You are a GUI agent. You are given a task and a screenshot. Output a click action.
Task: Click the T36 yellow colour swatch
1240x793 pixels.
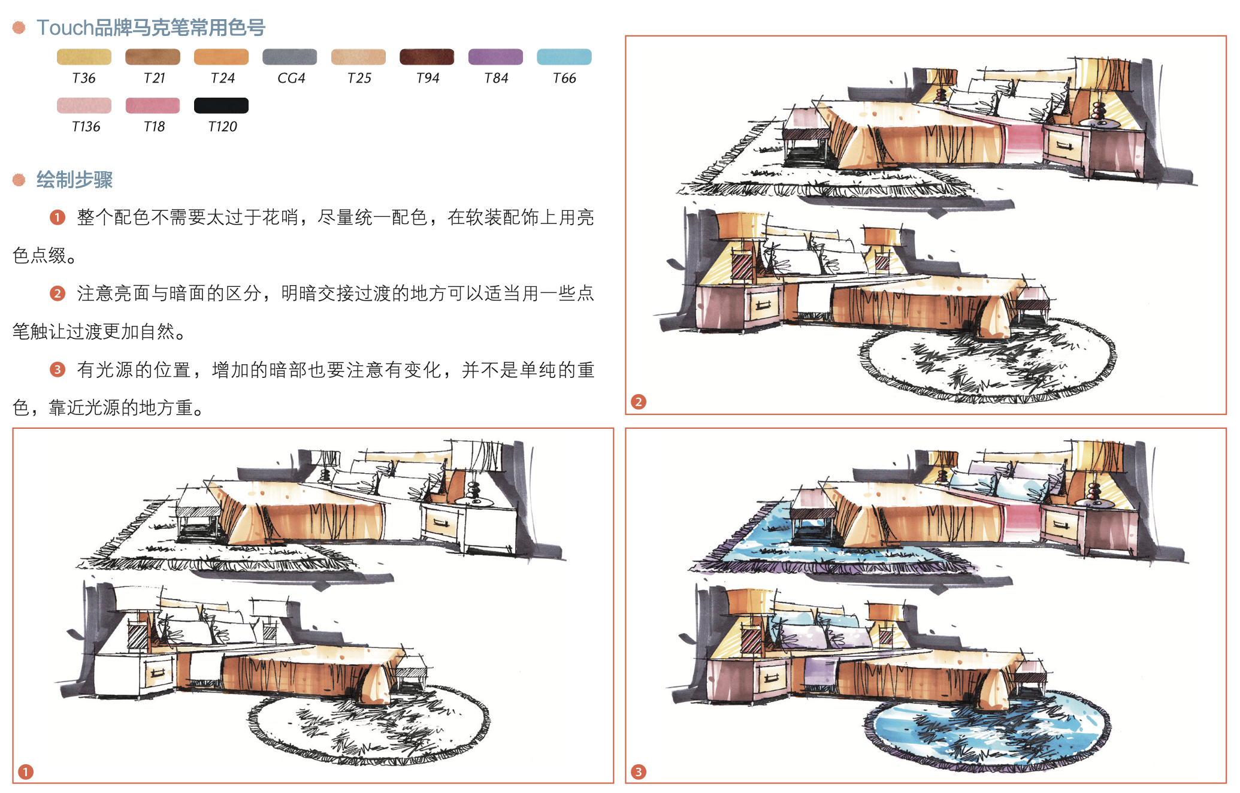click(84, 57)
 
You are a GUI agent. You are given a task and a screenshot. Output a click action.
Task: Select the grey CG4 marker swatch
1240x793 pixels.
click(289, 57)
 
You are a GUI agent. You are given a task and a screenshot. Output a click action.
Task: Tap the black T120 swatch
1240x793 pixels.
click(221, 105)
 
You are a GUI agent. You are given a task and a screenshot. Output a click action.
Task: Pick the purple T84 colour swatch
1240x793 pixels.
click(495, 57)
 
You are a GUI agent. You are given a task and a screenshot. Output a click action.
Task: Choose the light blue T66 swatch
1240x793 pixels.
click(564, 57)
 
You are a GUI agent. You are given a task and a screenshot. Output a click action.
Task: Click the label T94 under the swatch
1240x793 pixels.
click(427, 78)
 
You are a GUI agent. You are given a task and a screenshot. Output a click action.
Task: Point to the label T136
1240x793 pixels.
click(86, 127)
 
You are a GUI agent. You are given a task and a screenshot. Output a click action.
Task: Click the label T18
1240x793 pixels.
click(154, 127)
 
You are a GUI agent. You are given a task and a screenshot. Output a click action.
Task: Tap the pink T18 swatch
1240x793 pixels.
click(153, 105)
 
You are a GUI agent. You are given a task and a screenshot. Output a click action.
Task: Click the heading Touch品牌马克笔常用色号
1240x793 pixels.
click(151, 28)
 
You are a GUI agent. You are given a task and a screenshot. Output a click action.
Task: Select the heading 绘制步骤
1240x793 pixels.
click(74, 180)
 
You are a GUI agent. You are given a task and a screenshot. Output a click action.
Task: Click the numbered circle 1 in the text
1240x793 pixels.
click(58, 217)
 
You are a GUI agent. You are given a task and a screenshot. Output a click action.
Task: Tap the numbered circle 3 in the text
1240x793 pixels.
click(58, 370)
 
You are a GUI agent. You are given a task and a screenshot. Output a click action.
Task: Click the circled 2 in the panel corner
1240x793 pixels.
click(639, 402)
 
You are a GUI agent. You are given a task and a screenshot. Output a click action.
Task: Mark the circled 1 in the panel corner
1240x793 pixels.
click(25, 772)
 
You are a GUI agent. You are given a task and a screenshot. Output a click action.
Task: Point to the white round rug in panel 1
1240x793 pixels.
click(368, 725)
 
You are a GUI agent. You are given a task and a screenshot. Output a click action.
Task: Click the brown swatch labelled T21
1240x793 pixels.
click(153, 57)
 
